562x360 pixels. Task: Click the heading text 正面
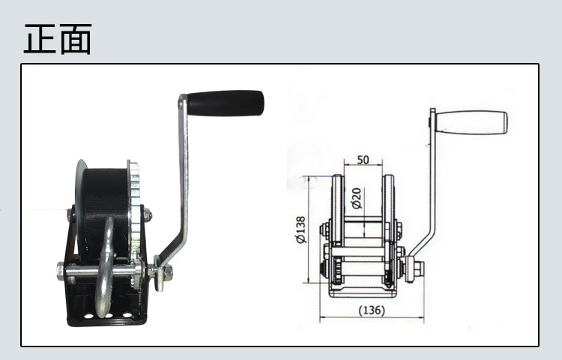[x=58, y=39]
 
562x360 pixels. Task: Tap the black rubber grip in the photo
[x=226, y=103]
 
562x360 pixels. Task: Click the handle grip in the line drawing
[x=471, y=122]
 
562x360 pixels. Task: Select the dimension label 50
[x=363, y=160]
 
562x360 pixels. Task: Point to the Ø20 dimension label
[x=357, y=198]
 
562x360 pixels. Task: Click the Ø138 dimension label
[x=301, y=229]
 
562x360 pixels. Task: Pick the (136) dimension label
[x=372, y=310]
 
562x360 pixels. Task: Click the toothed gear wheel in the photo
[x=134, y=211]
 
